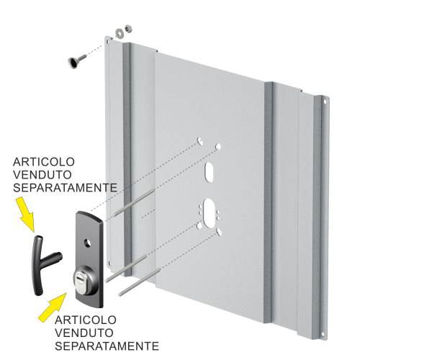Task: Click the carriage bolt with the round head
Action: coord(76,61)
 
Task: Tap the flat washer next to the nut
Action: coord(120,32)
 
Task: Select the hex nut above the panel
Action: coord(128,28)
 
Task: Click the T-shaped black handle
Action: coord(44,264)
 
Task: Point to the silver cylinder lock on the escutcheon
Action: coord(86,280)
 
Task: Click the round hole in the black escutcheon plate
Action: coord(88,243)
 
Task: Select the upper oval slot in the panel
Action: coord(209,171)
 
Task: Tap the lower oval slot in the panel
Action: coord(209,213)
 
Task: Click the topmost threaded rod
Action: coord(134,202)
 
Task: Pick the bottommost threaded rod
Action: coord(140,282)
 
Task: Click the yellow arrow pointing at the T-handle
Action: coord(24,213)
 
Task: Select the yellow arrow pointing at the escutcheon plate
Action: coord(53,307)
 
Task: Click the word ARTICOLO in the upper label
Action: coord(44,162)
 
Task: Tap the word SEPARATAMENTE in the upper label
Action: coord(65,188)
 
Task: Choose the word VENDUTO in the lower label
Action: coord(84,333)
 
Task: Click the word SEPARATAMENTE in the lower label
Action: coord(107,346)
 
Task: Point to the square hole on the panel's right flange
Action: coord(325,102)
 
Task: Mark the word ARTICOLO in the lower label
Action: coord(86,320)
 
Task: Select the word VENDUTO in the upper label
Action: coord(42,175)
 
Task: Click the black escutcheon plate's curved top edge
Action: coord(91,215)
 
